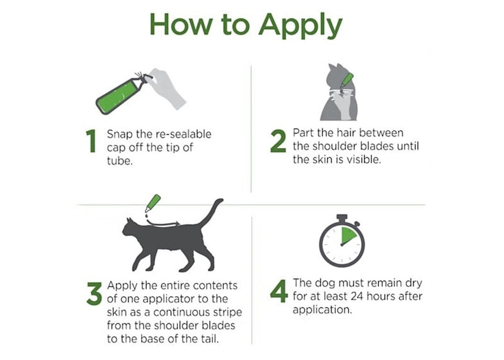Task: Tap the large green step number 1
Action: pyautogui.click(x=92, y=141)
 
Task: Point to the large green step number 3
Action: pyautogui.click(x=94, y=294)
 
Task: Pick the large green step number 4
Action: pyautogui.click(x=279, y=291)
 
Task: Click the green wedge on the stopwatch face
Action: pyautogui.click(x=348, y=235)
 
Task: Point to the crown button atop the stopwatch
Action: pyautogui.click(x=342, y=218)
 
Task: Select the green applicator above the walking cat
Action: pyautogui.click(x=153, y=203)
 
